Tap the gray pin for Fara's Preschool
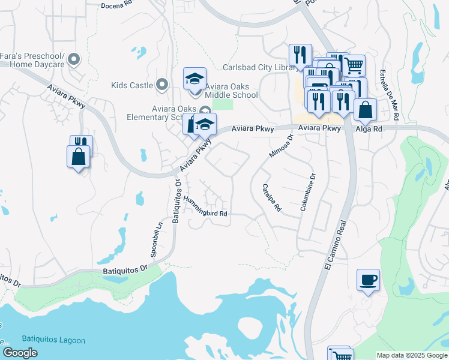(x=74, y=59)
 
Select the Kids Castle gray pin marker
(x=161, y=85)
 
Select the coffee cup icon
(x=368, y=280)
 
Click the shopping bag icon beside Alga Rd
(x=364, y=110)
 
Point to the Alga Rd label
(x=370, y=128)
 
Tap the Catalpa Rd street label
(x=271, y=199)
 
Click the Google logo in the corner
(x=20, y=352)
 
